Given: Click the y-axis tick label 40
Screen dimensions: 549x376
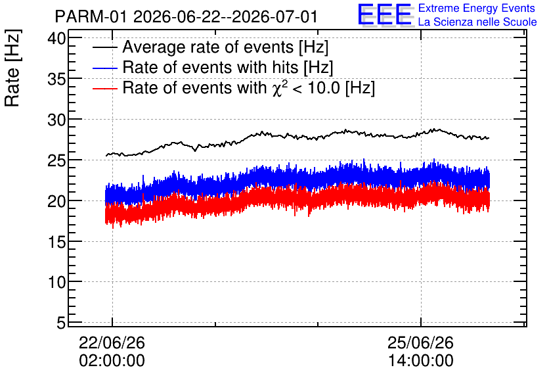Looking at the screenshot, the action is pyautogui.click(x=56, y=38).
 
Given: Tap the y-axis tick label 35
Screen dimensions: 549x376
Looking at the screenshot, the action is pyautogui.click(x=56, y=79).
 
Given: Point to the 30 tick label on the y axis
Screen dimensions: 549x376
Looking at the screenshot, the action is pyautogui.click(x=56, y=120).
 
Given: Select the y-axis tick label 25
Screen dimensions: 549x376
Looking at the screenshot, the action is pyautogui.click(x=56, y=160).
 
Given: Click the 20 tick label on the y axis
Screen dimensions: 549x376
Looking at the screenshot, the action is pyautogui.click(x=56, y=201).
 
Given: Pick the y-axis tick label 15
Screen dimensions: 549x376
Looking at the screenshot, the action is pyautogui.click(x=56, y=242).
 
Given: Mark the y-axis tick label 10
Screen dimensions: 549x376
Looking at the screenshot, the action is pyautogui.click(x=56, y=282).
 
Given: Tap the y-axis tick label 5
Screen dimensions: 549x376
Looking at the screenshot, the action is pyautogui.click(x=61, y=323).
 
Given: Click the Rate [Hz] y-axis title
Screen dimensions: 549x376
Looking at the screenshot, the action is pyautogui.click(x=12, y=68).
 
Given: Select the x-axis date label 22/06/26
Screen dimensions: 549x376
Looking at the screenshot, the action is pyautogui.click(x=112, y=342).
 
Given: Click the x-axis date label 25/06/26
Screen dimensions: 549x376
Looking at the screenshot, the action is pyautogui.click(x=420, y=342).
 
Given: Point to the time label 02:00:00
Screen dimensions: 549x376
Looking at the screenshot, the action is pyautogui.click(x=112, y=361).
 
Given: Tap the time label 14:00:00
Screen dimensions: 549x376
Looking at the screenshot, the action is pyautogui.click(x=420, y=361).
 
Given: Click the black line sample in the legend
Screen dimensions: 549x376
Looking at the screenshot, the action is pyautogui.click(x=104, y=47).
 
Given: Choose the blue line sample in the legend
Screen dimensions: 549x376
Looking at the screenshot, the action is pyautogui.click(x=104, y=68).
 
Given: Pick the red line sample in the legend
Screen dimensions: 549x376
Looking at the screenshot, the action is pyautogui.click(x=104, y=88).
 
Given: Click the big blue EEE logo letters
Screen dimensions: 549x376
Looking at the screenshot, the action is pyautogui.click(x=385, y=14).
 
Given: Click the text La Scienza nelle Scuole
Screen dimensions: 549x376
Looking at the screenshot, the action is pyautogui.click(x=477, y=22).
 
